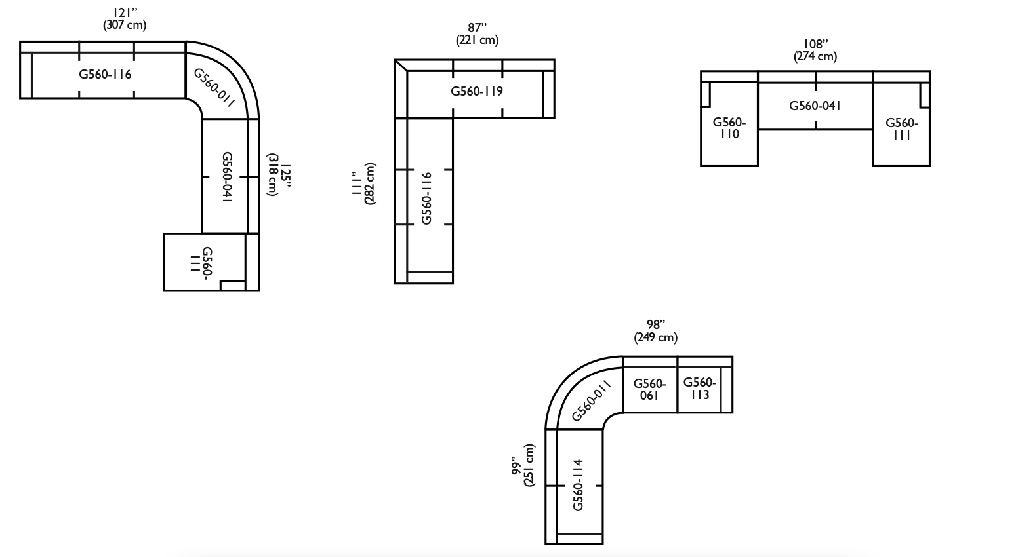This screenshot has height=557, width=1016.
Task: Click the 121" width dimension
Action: (126, 12)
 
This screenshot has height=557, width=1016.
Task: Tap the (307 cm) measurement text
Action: (125, 25)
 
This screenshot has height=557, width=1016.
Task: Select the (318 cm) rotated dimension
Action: (272, 174)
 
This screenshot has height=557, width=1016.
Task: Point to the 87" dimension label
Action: (477, 28)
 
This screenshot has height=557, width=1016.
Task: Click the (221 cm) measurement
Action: (477, 41)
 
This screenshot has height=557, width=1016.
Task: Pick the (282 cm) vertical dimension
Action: (370, 183)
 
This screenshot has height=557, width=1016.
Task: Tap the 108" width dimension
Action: (815, 45)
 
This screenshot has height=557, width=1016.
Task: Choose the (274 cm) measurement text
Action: (815, 56)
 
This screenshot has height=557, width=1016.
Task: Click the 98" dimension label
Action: (656, 324)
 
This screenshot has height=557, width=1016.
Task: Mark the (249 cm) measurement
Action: (656, 337)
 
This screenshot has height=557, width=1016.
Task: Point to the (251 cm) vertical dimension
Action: (529, 465)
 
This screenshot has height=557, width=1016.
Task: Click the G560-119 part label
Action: (477, 92)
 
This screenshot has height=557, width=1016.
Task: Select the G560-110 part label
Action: (729, 128)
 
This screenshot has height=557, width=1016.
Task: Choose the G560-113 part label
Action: (700, 389)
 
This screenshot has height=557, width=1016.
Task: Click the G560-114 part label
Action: (578, 485)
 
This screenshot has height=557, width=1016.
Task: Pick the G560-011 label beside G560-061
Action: (591, 401)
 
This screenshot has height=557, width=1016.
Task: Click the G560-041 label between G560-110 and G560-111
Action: (815, 106)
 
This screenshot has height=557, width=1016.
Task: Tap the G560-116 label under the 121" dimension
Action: (105, 74)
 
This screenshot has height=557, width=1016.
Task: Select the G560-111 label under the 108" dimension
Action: (902, 128)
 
